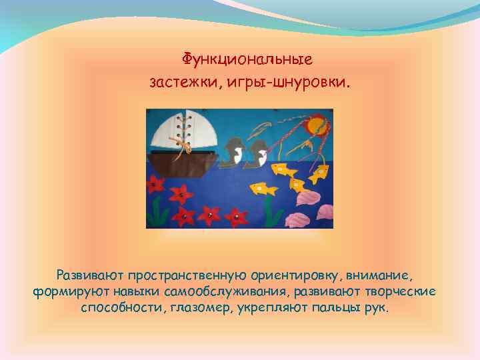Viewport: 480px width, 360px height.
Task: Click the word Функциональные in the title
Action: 247,60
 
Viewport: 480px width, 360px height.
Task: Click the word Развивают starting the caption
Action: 89,275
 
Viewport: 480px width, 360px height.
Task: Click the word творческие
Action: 402,292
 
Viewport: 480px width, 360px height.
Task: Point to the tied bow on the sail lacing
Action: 178,143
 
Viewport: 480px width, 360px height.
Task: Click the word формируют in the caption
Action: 63,292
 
